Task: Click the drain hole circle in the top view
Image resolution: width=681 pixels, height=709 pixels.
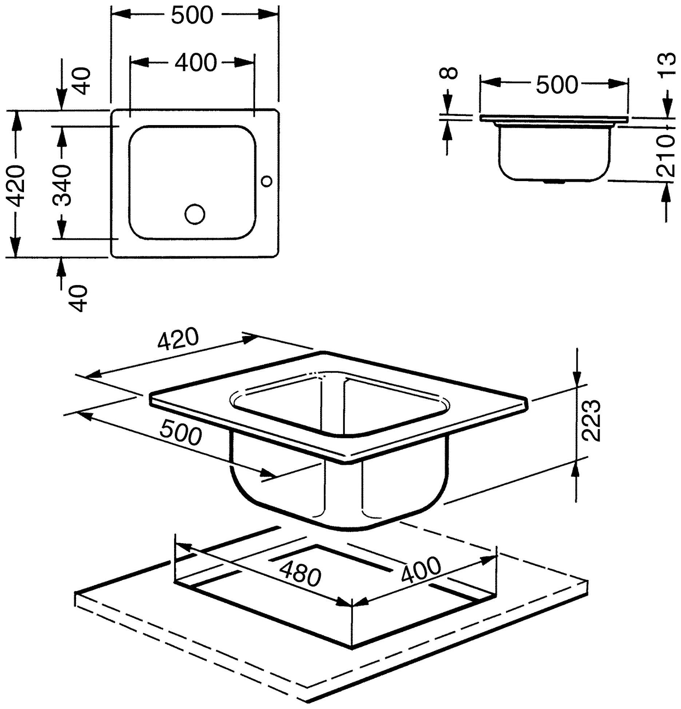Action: pyautogui.click(x=194, y=214)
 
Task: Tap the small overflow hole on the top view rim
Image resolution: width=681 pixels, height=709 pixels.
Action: pyautogui.click(x=267, y=180)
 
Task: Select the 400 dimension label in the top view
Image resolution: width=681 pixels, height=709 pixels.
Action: pyautogui.click(x=196, y=63)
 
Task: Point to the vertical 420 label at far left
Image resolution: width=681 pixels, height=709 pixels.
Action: pyautogui.click(x=16, y=185)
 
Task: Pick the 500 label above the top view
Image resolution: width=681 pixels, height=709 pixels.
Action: pyautogui.click(x=192, y=15)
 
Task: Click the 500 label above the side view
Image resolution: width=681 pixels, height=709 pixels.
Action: pyautogui.click(x=557, y=84)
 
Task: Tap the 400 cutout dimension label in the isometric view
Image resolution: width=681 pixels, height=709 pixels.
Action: pyautogui.click(x=420, y=570)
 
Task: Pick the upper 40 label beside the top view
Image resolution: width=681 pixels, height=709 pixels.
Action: pyautogui.click(x=81, y=81)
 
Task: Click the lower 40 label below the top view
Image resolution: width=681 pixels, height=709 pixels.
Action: pyautogui.click(x=79, y=299)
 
